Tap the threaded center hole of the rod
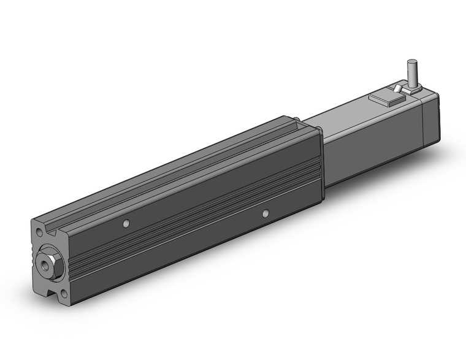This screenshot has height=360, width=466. coord(46,260)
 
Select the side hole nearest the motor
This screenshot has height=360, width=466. coord(265,213)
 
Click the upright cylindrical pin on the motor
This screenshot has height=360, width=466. coord(412,72)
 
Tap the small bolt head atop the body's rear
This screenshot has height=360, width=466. coord(296,119)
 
